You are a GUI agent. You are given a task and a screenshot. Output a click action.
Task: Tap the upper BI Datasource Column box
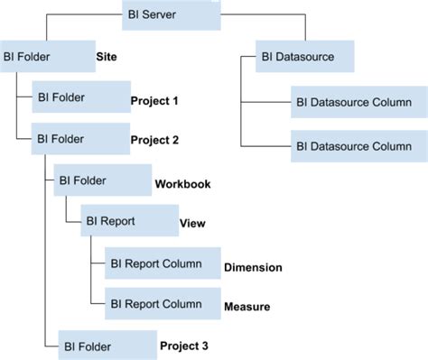[x=352, y=102]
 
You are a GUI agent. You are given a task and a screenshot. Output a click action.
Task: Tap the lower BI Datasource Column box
[x=352, y=144]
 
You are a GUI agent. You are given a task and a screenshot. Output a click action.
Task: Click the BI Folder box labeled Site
[x=45, y=58]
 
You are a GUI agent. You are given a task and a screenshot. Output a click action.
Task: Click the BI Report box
[x=126, y=221]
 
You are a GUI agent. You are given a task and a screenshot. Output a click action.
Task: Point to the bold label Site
[x=107, y=56]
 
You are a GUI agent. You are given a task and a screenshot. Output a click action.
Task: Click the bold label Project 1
[x=154, y=100]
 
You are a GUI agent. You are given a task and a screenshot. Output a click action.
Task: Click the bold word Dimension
[x=253, y=267]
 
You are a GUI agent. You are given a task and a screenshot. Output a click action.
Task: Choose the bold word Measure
[x=247, y=308]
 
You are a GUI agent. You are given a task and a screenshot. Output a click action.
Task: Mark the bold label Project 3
[x=183, y=345]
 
